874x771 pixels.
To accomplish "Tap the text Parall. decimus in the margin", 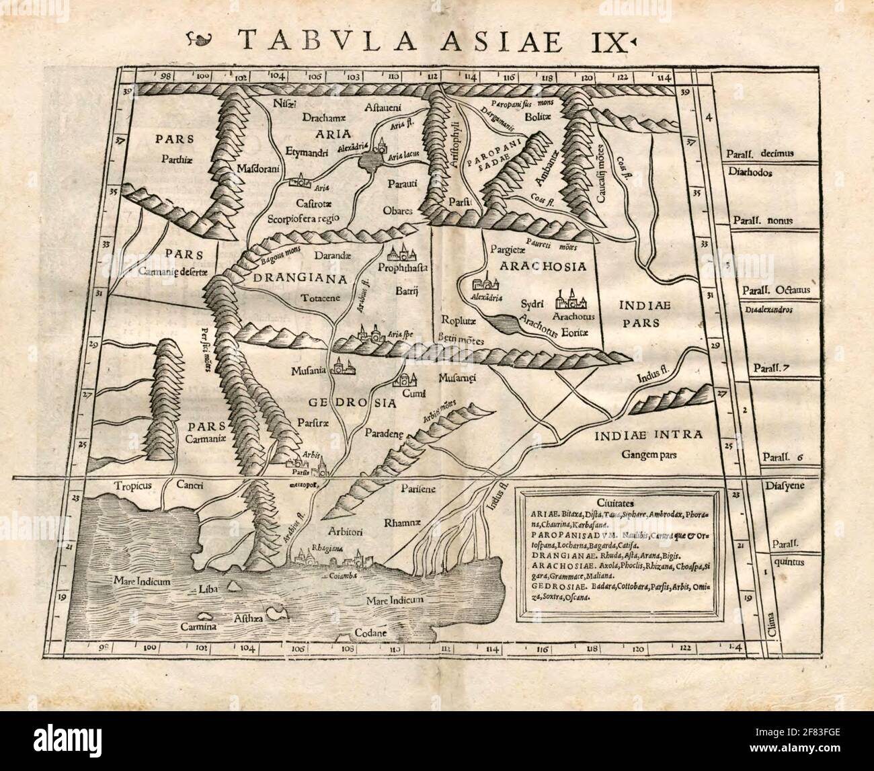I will coord(769,153).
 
